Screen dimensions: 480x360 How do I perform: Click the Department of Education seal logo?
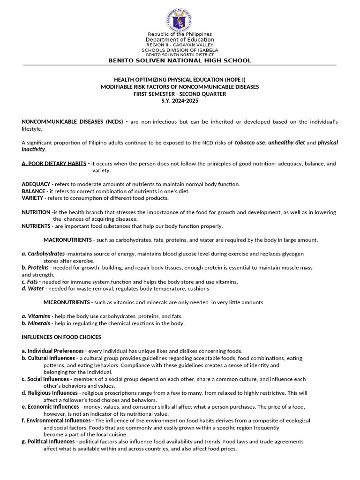point(180,20)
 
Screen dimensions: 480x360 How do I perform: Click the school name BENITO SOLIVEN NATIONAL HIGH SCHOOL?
point(180,60)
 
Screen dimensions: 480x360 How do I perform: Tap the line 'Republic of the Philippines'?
point(180,34)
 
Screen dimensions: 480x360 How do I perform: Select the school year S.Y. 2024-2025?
point(180,101)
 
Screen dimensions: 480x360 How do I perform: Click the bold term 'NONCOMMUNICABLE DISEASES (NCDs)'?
point(72,122)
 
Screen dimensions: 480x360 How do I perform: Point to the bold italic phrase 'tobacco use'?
point(250,142)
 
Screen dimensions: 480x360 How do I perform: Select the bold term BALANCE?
point(33,191)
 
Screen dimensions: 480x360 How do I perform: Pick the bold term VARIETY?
point(32,198)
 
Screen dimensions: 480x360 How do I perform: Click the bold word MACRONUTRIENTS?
point(67,240)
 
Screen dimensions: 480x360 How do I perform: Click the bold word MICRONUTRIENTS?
point(67,302)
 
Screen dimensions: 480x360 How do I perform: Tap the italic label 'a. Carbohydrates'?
point(43,254)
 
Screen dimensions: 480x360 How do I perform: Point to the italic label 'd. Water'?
point(32,288)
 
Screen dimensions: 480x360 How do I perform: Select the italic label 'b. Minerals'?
point(36,323)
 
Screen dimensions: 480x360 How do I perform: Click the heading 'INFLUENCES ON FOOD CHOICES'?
point(61,337)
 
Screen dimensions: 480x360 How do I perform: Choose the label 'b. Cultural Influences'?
point(49,358)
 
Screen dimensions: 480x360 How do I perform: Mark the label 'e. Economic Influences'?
point(50,407)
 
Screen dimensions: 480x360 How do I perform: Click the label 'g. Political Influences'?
point(48,442)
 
